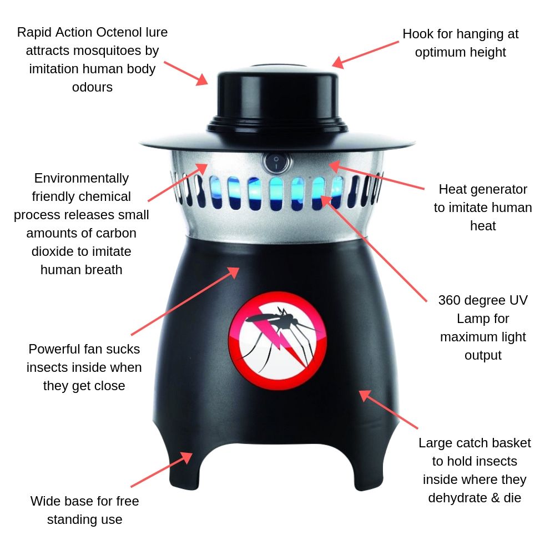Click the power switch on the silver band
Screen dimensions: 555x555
tap(276, 163)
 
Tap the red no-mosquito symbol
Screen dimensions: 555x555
tap(277, 340)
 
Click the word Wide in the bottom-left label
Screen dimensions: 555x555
tap(44, 501)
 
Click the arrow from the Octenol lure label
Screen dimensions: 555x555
tap(185, 72)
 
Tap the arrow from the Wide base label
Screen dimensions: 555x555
tap(162, 472)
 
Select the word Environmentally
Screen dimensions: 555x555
tap(81, 178)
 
